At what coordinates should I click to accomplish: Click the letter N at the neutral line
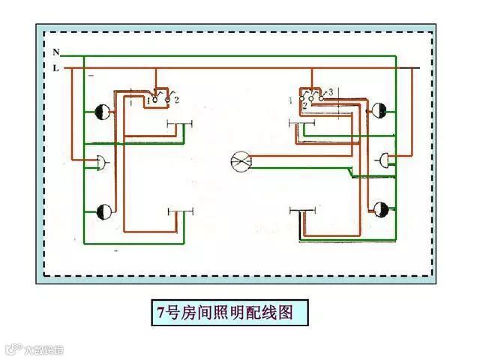pos(56,52)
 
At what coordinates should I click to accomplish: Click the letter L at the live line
pos(56,68)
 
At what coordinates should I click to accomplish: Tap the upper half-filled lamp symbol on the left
pos(103,112)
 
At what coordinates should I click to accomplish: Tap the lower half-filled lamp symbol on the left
pos(103,211)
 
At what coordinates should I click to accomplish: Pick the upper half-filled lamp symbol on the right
pos(380,112)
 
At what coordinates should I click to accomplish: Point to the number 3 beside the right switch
pos(330,91)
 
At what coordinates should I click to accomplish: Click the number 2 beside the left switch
pos(175,99)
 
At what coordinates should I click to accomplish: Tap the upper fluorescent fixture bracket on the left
pos(180,124)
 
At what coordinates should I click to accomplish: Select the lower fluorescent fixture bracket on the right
pos(303,211)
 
